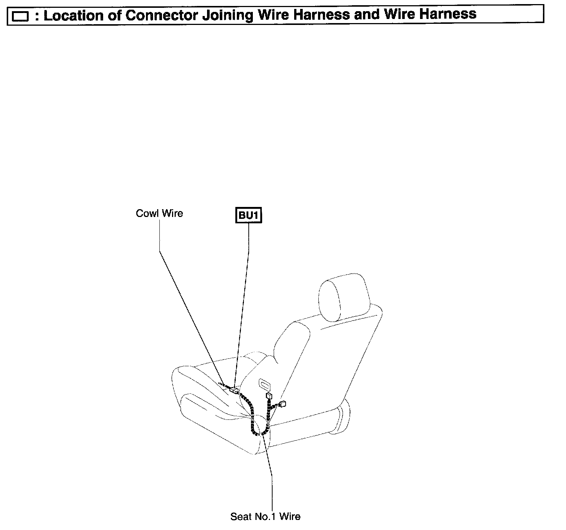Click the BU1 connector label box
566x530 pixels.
[x=249, y=215]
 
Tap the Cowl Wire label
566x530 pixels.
[x=159, y=213]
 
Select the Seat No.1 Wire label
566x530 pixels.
[x=265, y=516]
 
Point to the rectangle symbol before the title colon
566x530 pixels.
[x=20, y=16]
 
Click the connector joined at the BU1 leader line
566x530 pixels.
[x=234, y=390]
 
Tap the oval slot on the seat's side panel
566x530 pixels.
[x=265, y=384]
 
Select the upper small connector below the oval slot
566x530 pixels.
[x=268, y=396]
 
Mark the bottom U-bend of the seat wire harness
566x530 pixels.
[x=259, y=433]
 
